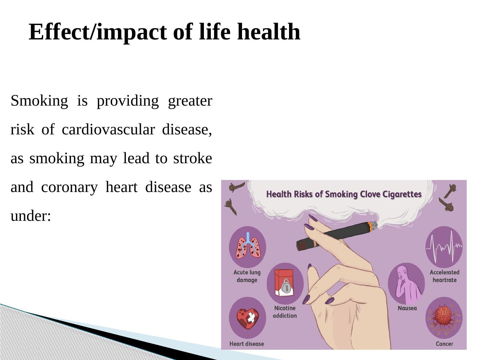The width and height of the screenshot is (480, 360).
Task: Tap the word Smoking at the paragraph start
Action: pos(39,101)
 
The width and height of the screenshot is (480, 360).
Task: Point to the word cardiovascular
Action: pos(108,129)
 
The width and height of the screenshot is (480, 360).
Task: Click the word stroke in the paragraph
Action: pos(193,158)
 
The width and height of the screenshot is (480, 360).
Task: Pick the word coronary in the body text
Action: pos(69,188)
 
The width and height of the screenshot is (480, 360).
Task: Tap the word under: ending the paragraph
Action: pos(31,216)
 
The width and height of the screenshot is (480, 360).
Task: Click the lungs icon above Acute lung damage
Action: pos(248,245)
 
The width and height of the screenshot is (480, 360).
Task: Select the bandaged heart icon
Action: pos(248,319)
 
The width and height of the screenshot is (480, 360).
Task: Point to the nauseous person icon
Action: pos(407,284)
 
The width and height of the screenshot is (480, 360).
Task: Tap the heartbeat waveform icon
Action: pos(444,247)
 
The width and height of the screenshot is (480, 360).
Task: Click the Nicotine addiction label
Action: pos(285,312)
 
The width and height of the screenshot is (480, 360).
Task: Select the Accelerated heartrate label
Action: pos(445,276)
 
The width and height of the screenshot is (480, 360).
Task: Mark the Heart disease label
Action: pos(247,344)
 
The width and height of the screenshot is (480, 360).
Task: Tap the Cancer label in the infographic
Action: pos(444,344)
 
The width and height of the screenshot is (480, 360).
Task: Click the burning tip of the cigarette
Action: pos(372,226)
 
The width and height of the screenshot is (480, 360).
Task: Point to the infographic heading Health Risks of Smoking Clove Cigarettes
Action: pos(344,194)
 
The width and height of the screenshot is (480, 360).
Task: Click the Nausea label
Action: pos(407,308)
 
